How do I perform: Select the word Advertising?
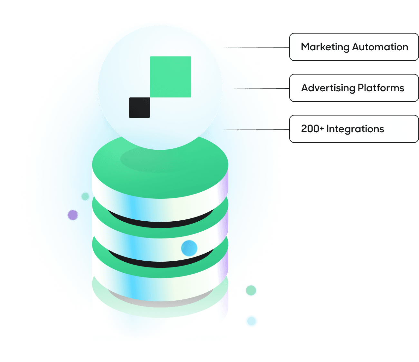pyautogui.click(x=328, y=88)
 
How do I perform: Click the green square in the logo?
pyautogui.click(x=170, y=77)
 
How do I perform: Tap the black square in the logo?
pyautogui.click(x=139, y=107)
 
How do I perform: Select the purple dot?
pyautogui.click(x=73, y=215)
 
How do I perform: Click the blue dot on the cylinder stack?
pyautogui.click(x=189, y=248)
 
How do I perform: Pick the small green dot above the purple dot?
pyautogui.click(x=85, y=196)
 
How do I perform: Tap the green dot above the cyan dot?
pyautogui.click(x=251, y=290)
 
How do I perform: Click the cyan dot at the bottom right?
pyautogui.click(x=251, y=321)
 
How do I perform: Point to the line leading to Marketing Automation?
pyautogui.click(x=258, y=48)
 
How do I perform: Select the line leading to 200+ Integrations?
pyautogui.click(x=256, y=130)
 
